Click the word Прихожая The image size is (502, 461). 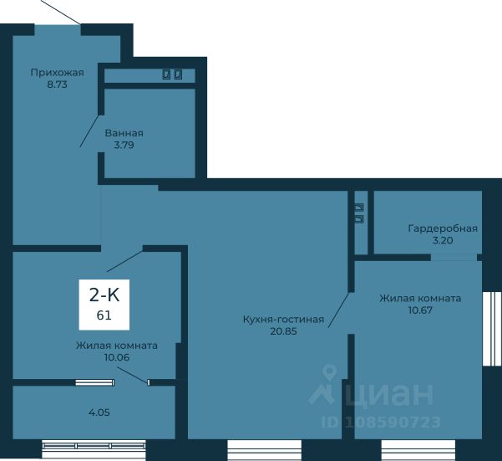point(58,73)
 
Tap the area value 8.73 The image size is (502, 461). point(58,85)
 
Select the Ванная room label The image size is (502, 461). point(124,133)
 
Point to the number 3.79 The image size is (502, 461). point(124,146)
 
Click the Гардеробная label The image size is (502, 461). point(443,228)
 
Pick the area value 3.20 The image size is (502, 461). point(443,240)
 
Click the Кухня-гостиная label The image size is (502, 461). point(284,320)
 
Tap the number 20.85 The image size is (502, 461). point(284,331)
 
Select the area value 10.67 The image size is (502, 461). point(420,310)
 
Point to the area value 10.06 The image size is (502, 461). point(117,357)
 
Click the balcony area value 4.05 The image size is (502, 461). point(99,412)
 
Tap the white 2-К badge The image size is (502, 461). point(104,305)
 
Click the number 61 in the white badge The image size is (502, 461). point(104,315)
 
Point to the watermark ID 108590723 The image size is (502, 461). point(381,423)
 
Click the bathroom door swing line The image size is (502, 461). point(89,131)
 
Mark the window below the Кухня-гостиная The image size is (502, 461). point(265,450)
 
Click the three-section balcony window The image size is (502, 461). point(94,448)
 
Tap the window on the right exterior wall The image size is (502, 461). point(492,329)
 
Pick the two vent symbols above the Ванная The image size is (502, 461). point(173,74)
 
